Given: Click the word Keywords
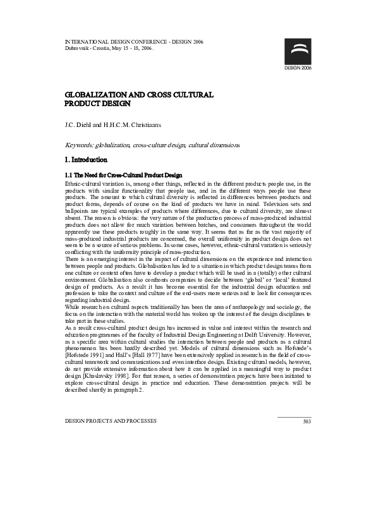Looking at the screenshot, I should coord(79,145).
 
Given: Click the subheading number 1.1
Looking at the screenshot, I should coord(69,174).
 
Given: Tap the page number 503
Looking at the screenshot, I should coord(307,403).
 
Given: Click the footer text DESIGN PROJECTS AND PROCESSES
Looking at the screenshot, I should coord(111,403).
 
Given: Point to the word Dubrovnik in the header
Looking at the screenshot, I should coord(78,48).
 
